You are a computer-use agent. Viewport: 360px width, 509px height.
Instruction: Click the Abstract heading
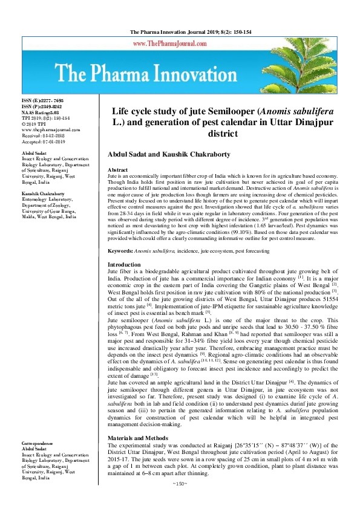click(x=118, y=171)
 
